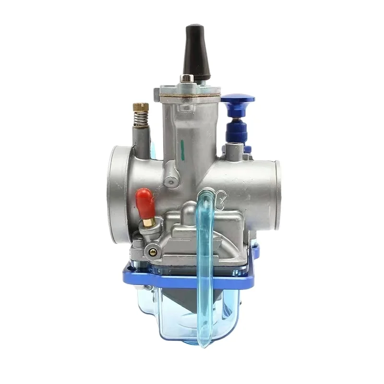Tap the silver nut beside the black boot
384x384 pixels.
[x=186, y=78]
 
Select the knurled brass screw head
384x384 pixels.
[x=141, y=107]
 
